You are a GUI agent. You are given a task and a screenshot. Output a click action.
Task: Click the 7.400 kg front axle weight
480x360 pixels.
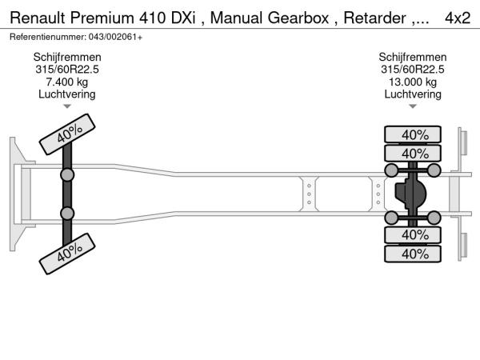point(66,82)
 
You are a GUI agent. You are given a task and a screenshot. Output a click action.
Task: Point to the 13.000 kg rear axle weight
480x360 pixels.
point(413,82)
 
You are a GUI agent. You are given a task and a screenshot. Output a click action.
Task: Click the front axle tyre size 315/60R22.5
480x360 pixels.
point(66,70)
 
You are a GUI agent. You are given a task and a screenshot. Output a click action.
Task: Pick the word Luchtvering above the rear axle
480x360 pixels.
point(413,94)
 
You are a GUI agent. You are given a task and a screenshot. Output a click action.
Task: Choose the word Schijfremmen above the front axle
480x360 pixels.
point(66,58)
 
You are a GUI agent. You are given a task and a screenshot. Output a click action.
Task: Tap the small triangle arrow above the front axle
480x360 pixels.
point(67,106)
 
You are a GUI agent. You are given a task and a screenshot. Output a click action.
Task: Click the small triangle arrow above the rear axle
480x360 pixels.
point(413,106)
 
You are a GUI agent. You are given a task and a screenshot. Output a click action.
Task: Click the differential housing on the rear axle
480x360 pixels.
point(411,194)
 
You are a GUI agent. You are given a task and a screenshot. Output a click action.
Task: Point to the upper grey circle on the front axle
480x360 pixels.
point(67,174)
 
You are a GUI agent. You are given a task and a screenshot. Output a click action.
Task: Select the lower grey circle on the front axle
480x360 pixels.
point(67,213)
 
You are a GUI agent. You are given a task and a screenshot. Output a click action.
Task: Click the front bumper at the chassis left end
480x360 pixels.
point(15,193)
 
